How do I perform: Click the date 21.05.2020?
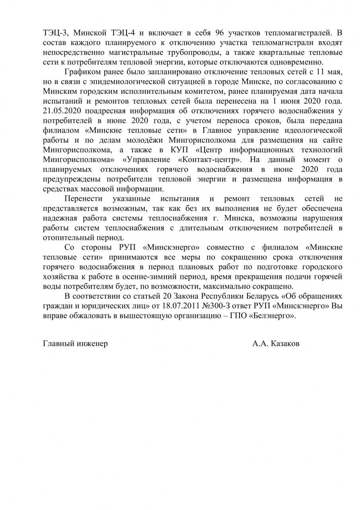pos(62,110)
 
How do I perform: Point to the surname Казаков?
pos(285,344)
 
